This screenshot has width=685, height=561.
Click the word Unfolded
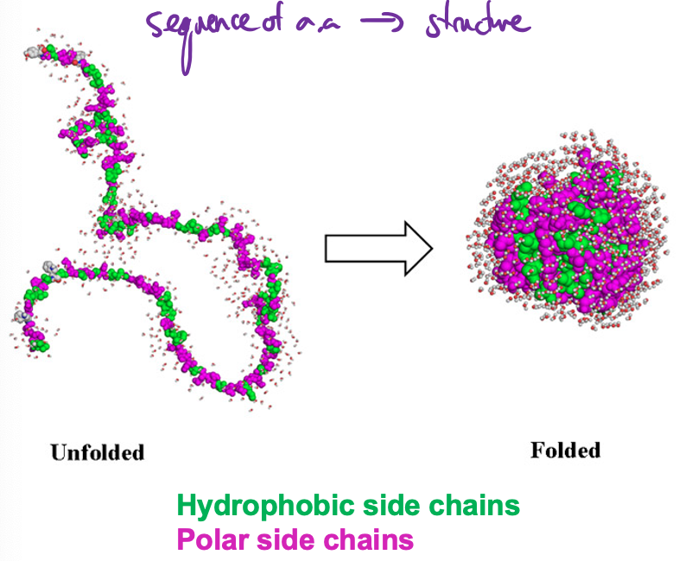[x=97, y=451]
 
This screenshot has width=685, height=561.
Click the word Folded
[x=565, y=450]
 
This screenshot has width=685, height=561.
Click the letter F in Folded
[x=536, y=450]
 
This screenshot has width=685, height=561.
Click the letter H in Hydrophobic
[x=186, y=506]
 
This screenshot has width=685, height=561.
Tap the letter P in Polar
[x=185, y=540]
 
